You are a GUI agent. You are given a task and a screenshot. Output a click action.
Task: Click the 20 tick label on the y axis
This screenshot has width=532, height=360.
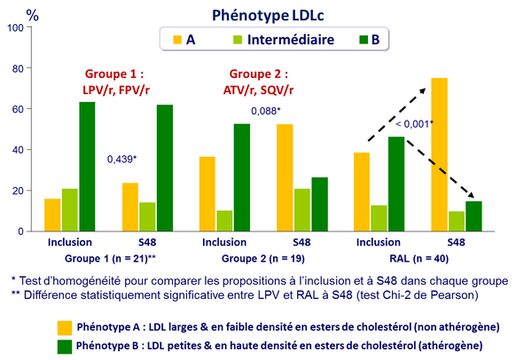pos(14,191)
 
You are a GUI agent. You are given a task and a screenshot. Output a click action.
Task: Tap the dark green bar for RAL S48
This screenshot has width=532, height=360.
pos(473,216)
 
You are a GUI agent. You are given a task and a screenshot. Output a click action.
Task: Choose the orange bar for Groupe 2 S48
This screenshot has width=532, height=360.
pos(286,177)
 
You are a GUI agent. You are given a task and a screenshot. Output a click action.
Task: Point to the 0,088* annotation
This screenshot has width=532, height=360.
pos(264,112)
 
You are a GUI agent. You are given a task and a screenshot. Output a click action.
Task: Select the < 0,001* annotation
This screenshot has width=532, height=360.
pos(414,123)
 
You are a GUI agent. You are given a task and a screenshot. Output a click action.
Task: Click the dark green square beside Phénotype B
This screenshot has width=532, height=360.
pos(65,343)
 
